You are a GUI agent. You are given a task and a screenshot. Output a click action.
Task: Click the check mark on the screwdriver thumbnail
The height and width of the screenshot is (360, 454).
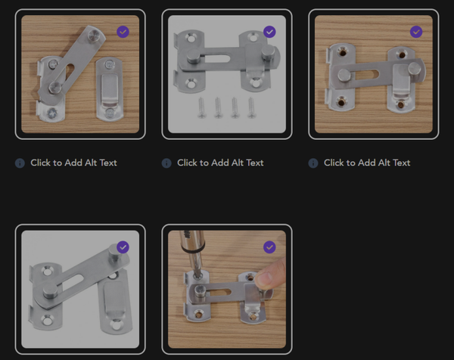269,247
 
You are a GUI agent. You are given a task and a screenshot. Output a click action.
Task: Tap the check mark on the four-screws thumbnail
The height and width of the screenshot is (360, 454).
269,32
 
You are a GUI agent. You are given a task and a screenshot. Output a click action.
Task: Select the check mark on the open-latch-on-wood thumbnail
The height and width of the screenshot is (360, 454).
123,32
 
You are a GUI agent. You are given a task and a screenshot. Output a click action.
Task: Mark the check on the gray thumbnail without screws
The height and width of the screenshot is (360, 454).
123,247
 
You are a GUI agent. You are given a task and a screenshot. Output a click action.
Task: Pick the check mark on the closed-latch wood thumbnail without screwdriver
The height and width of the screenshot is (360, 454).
415,32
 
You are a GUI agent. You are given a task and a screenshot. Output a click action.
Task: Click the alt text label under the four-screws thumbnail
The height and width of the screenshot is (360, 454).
220,163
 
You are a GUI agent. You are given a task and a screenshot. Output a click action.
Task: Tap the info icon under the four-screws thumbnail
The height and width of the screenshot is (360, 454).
166,163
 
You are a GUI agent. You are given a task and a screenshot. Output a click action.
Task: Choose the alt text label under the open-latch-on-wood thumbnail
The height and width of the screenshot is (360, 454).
73,163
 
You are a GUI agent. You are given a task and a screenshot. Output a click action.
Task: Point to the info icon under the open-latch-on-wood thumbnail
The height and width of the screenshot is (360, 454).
20,163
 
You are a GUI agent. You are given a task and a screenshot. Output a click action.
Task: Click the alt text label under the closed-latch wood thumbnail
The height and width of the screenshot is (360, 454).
367,163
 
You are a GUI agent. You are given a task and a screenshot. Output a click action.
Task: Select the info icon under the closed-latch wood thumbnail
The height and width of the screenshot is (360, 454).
313,163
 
